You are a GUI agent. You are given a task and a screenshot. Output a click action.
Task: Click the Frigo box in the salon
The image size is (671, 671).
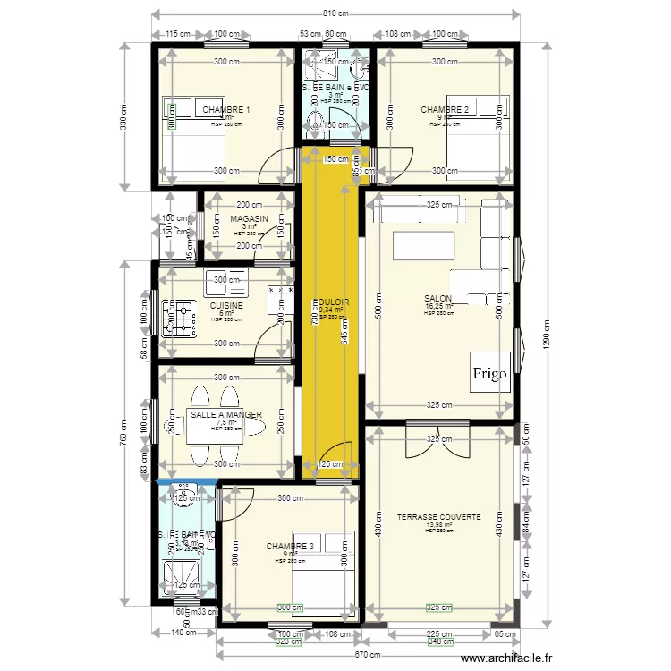tap(490, 372)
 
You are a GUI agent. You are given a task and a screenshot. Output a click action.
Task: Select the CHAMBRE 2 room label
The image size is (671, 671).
tap(445, 110)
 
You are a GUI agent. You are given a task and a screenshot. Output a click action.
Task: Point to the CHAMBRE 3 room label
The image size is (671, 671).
tap(290, 546)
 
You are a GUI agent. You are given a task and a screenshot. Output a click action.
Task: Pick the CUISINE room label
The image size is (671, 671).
tap(225, 305)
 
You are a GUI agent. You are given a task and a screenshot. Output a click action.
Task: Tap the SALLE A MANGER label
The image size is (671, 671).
tap(225, 415)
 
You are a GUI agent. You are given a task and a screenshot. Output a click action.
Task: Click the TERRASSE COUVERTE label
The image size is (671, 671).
tap(438, 517)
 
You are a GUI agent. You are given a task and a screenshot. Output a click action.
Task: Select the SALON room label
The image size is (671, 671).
tap(438, 299)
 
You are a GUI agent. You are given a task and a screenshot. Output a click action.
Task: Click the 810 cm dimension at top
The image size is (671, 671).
tap(335, 13)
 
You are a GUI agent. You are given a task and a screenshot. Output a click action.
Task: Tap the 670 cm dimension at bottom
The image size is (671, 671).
tap(335, 655)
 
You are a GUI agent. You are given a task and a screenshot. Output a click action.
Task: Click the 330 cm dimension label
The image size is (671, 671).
tap(123, 117)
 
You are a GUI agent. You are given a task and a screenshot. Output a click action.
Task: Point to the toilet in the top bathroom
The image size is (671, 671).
tap(316, 119)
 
